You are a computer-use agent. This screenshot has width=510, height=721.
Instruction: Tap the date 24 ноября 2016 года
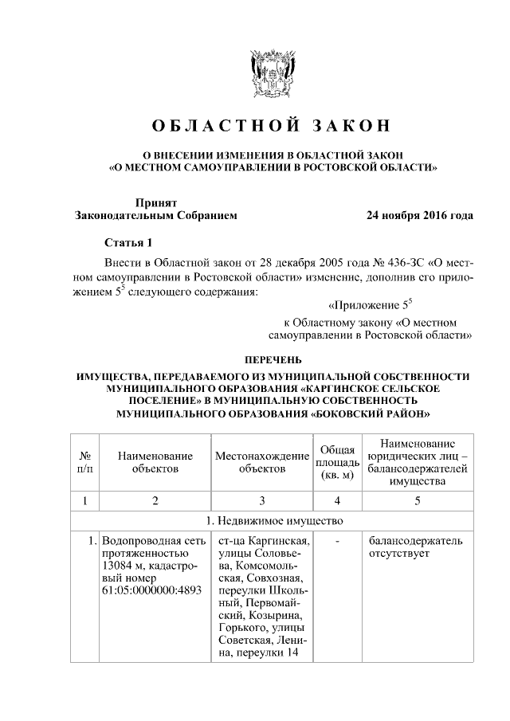(419, 216)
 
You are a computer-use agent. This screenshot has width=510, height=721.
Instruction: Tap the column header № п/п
(84, 462)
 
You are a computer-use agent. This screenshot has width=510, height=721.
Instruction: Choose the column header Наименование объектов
(155, 462)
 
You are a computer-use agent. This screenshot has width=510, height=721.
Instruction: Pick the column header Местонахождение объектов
(261, 462)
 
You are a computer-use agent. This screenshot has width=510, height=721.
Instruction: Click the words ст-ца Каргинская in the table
(262, 541)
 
